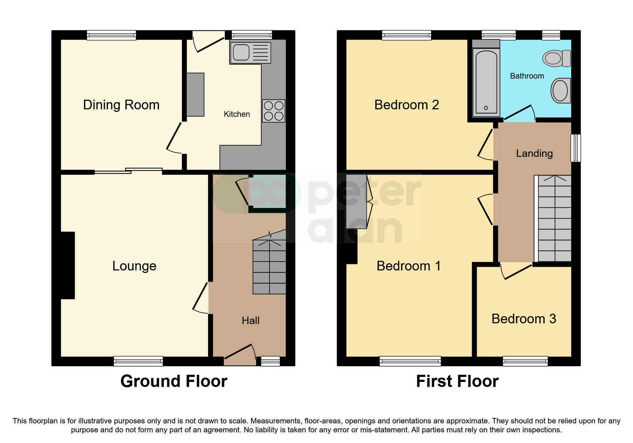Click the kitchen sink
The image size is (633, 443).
tap(250, 53)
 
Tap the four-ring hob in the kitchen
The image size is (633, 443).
tap(273, 111)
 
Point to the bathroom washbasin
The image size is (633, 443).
tap(560, 90)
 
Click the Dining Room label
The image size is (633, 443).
tap(121, 105)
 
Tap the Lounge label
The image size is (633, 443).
tap(134, 266)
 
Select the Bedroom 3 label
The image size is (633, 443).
tap(524, 319)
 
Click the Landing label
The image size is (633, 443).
tap(534, 153)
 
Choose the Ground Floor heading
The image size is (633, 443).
tap(174, 381)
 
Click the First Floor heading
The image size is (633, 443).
tap(457, 381)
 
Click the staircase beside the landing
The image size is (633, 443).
tap(554, 219)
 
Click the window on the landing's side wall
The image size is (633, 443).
tap(575, 148)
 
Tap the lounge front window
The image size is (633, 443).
tap(138, 361)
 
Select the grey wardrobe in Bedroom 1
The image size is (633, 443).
tap(357, 201)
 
